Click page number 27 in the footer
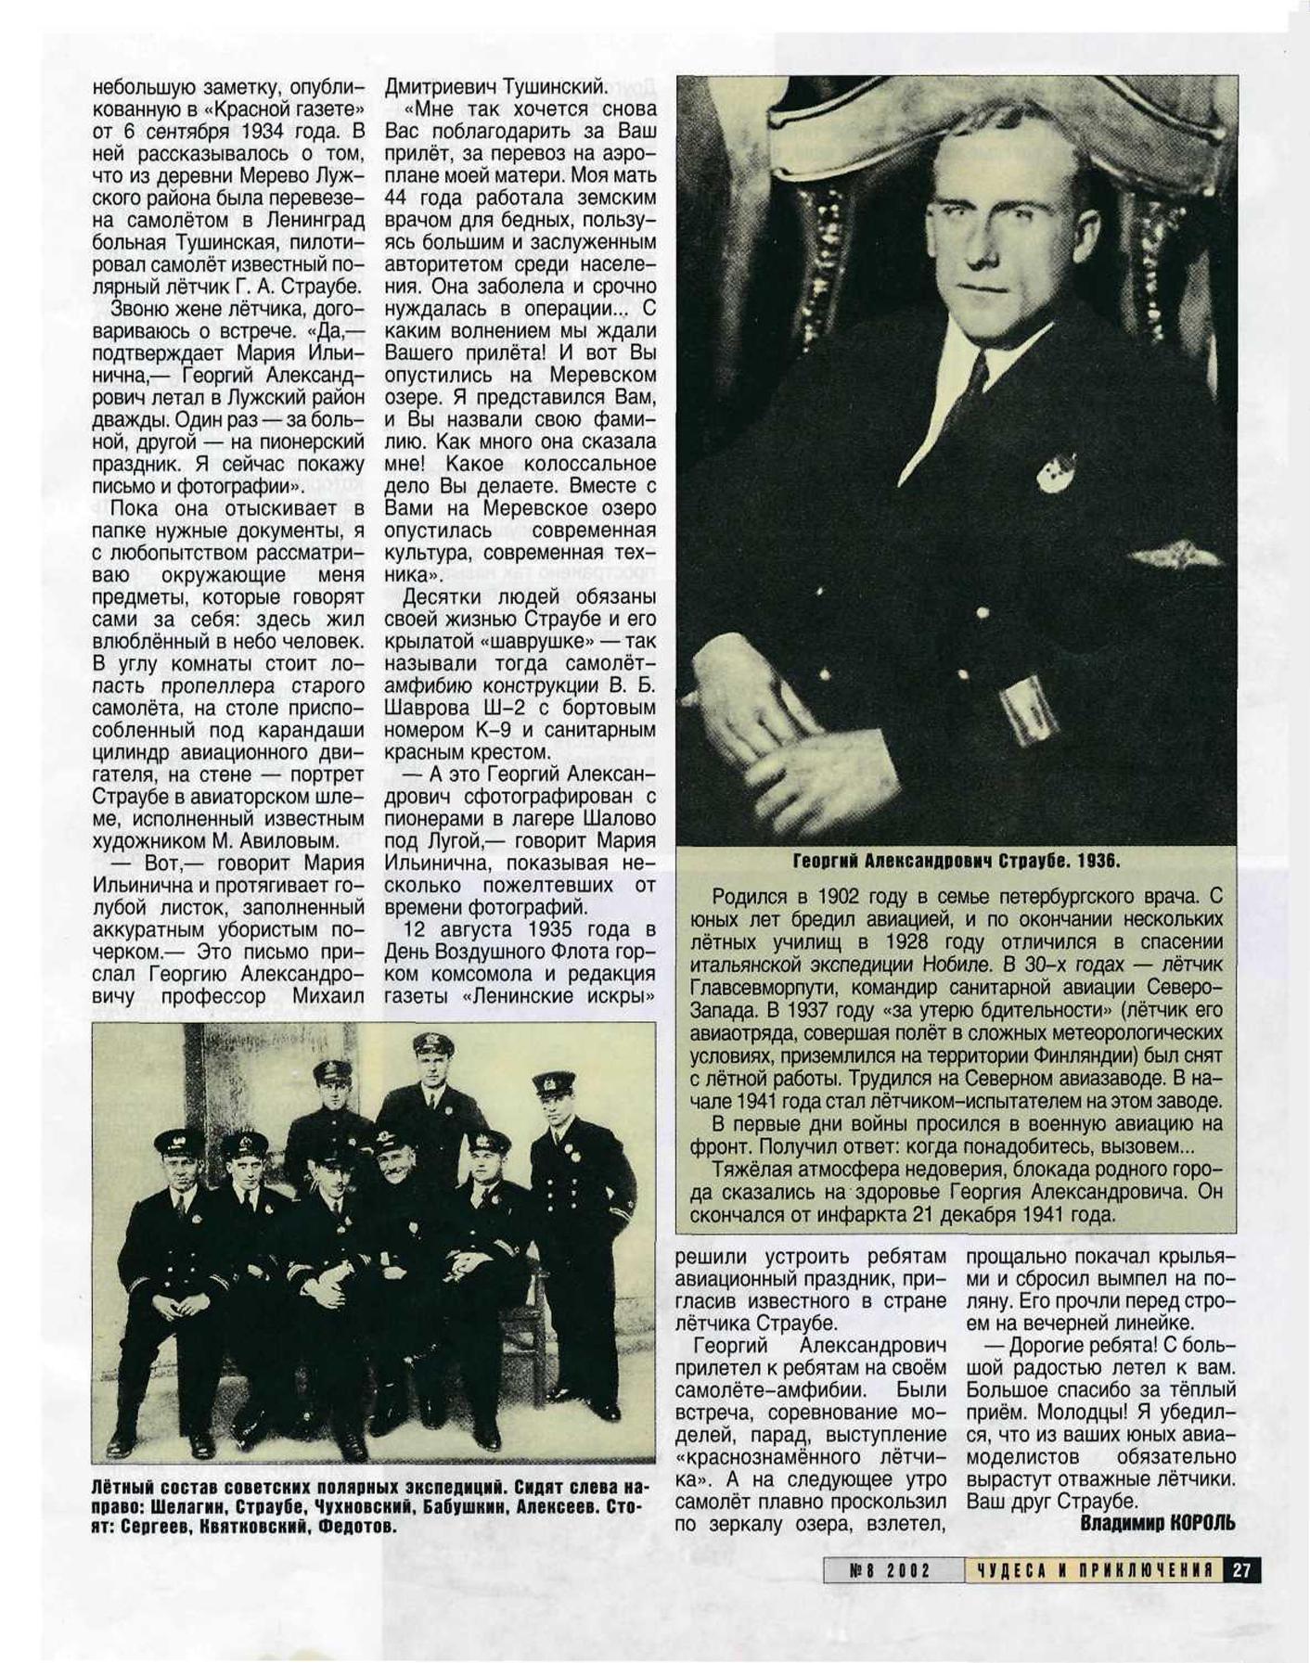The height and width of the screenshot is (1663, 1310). pos(1243,1570)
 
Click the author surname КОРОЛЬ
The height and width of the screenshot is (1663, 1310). pos(1202,1523)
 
